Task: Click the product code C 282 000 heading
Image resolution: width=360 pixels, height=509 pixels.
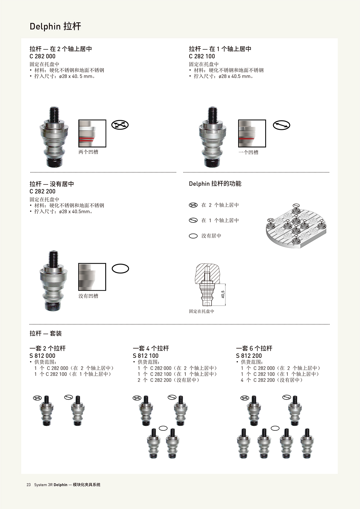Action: click(43, 56)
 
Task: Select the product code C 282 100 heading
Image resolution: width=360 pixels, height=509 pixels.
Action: click(202, 56)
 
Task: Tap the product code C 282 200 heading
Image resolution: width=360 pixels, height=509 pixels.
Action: click(43, 191)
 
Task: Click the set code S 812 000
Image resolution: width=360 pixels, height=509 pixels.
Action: click(43, 356)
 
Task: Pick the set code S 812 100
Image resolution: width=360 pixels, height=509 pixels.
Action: click(146, 356)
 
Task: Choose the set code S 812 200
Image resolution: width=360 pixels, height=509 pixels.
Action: click(249, 356)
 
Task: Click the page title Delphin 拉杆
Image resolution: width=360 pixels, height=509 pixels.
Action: click(55, 26)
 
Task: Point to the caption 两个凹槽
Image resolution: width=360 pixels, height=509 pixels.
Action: click(88, 152)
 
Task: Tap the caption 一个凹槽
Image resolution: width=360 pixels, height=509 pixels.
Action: click(248, 152)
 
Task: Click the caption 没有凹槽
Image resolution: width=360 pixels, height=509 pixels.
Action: click(88, 296)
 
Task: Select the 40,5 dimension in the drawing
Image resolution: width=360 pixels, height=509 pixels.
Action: click(223, 295)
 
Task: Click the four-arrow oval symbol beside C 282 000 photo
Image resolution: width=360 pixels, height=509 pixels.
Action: click(120, 125)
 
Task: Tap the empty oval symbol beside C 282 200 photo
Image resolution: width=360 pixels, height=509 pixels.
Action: click(121, 268)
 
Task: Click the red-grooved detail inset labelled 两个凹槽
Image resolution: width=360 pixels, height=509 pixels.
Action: click(92, 133)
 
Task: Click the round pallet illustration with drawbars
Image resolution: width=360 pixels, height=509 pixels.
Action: click(296, 226)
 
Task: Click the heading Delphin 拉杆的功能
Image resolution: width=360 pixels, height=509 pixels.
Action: click(215, 184)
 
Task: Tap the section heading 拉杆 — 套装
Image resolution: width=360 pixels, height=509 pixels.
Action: click(46, 333)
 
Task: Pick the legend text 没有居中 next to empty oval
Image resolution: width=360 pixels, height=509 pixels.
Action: click(211, 236)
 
